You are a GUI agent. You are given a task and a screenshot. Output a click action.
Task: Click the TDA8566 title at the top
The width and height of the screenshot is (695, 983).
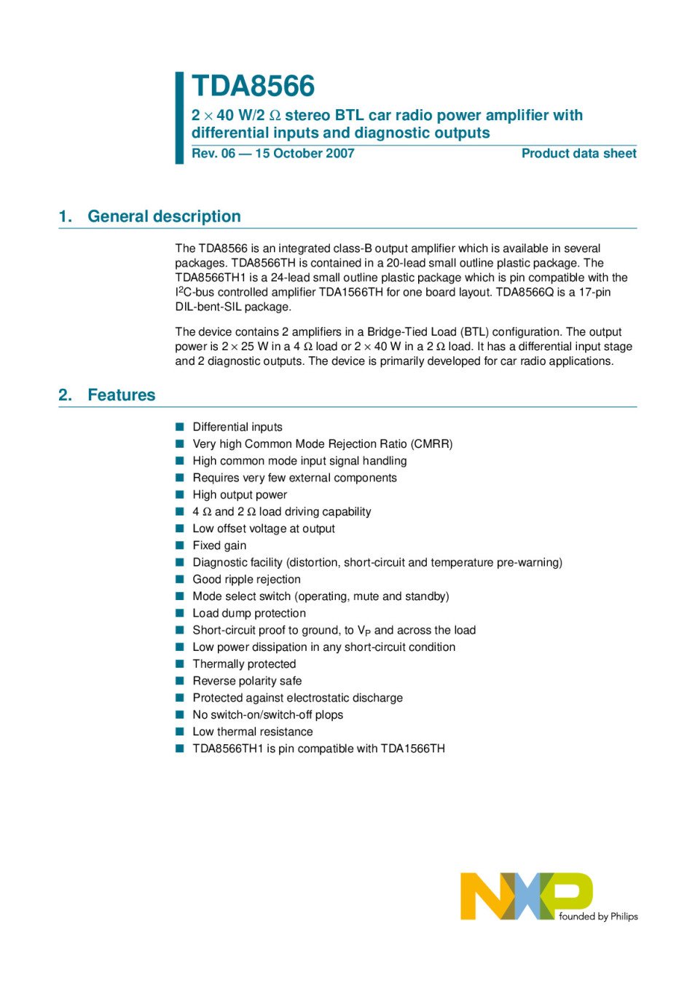[x=253, y=86]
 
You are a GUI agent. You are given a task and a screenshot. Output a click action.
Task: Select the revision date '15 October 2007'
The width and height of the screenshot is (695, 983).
[x=305, y=154]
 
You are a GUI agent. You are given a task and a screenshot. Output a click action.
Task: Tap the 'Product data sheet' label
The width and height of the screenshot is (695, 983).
[x=578, y=154]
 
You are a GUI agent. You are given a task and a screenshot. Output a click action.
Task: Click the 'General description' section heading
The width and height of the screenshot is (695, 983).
[x=164, y=216]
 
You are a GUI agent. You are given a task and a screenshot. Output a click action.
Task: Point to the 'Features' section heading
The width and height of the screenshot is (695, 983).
[x=121, y=395]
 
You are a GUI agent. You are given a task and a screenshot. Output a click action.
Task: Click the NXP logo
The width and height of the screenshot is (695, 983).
[x=526, y=896]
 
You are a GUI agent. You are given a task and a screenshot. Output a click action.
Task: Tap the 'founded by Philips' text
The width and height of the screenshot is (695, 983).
[x=598, y=917]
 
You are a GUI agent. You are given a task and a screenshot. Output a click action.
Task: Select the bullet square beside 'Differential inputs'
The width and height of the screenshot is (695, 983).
[x=180, y=427]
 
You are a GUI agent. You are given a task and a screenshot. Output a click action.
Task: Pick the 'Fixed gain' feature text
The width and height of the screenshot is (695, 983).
[x=219, y=545]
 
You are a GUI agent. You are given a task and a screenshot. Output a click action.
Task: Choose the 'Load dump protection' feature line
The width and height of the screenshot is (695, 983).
[x=249, y=613]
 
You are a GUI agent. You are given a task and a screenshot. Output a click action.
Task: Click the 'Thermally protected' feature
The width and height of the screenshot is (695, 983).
[x=244, y=664]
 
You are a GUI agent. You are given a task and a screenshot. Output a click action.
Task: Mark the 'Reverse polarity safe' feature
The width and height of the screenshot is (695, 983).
[x=247, y=681]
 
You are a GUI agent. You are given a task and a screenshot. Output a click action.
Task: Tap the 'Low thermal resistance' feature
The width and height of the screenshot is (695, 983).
[x=253, y=732]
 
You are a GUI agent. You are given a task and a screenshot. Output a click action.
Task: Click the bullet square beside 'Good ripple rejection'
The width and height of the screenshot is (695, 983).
[x=180, y=579]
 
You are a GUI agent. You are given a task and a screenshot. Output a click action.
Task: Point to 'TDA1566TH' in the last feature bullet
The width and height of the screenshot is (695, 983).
[x=412, y=749]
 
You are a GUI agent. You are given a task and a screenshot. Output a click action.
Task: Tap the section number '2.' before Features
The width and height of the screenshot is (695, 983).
[x=66, y=395]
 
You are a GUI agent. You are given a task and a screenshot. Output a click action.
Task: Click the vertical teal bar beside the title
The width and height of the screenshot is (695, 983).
[x=179, y=117]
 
